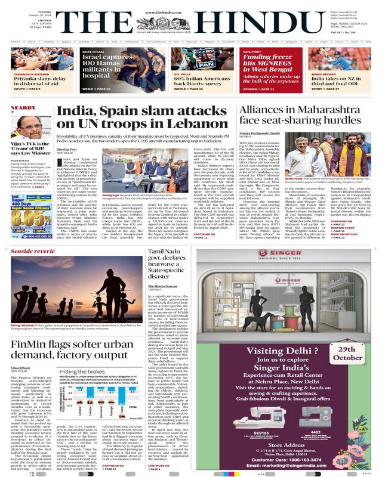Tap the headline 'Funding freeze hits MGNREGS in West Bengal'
coord(275,67)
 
